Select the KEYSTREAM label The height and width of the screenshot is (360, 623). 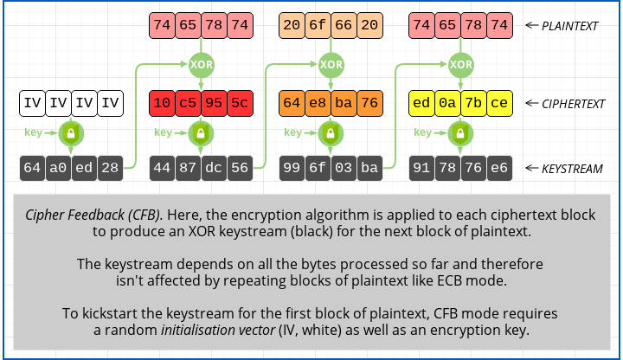point(572,169)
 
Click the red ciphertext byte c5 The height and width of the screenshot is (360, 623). point(188,104)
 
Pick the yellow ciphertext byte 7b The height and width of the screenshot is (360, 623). point(473,104)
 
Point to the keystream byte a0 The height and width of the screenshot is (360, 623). point(58,168)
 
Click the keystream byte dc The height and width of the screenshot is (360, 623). point(214,168)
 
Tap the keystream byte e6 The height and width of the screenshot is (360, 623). point(499,168)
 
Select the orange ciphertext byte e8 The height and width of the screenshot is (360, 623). point(318,104)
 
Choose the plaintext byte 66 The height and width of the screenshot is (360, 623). point(344,26)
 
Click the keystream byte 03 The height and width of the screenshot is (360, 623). point(344,168)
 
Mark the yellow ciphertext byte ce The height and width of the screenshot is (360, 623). point(499,104)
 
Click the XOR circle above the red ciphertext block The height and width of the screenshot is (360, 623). point(201,64)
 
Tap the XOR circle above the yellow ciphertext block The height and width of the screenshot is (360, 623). point(461,64)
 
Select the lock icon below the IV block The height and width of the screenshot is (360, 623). point(71,134)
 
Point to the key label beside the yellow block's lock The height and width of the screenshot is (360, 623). point(422,133)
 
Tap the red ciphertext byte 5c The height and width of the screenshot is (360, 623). point(240,104)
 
